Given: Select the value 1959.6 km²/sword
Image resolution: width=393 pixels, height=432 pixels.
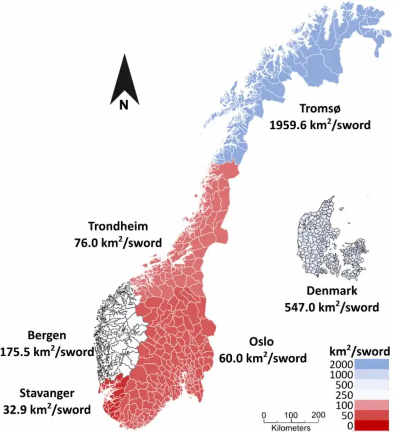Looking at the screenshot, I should click(x=320, y=125).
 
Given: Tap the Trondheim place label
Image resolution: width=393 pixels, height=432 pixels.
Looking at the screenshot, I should click(x=118, y=226).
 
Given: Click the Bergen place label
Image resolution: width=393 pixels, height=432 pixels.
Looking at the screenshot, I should click(x=47, y=335).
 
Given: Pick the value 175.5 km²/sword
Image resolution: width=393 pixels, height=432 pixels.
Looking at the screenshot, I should click(x=47, y=351).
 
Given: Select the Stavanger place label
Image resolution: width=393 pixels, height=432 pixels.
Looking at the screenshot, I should click(x=47, y=393).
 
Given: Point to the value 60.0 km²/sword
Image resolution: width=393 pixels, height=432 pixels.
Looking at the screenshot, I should click(x=263, y=358).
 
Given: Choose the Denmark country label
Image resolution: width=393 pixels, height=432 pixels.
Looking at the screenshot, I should click(x=332, y=291).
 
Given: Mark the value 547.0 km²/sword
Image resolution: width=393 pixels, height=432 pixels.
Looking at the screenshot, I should click(x=332, y=307).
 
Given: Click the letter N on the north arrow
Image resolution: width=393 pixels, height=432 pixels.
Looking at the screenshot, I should click(x=124, y=104).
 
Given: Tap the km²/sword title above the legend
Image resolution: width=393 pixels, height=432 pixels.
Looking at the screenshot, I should click(x=359, y=351).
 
